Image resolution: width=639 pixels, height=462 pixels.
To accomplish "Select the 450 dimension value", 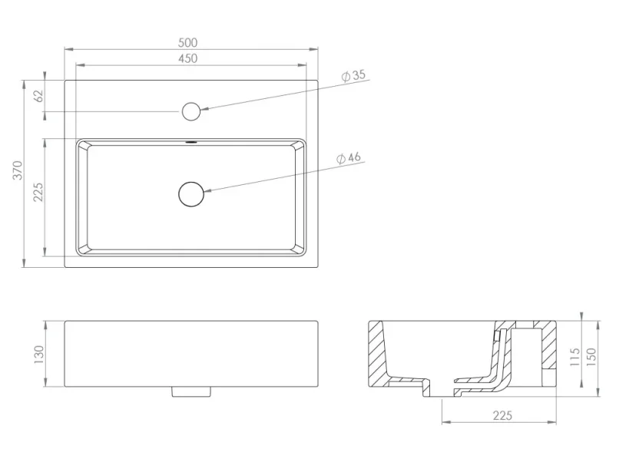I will click(x=188, y=58).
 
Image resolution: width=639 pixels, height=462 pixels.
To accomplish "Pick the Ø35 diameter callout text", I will click(x=353, y=75).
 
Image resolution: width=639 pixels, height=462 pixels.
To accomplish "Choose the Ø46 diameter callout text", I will click(x=349, y=158).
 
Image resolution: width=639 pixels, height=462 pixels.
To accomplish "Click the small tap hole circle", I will click(x=191, y=111).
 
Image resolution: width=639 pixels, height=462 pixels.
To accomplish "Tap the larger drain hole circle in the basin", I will click(x=191, y=194).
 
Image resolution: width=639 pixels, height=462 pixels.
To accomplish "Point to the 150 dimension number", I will click(x=591, y=358).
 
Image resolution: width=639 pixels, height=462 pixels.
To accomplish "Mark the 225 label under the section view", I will click(x=502, y=416).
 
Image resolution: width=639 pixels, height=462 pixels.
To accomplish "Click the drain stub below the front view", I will click(x=191, y=392).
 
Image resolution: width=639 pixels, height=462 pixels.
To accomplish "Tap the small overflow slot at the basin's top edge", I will click(x=191, y=142).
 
